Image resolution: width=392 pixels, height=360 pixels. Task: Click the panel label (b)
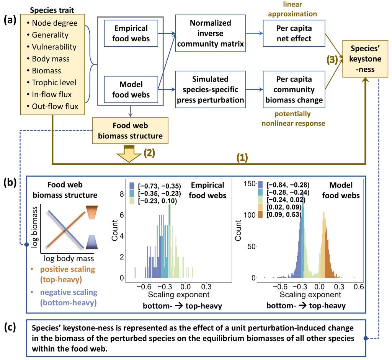[x=10, y=182]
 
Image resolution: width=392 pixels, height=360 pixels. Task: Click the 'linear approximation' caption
[x=294, y=9]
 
